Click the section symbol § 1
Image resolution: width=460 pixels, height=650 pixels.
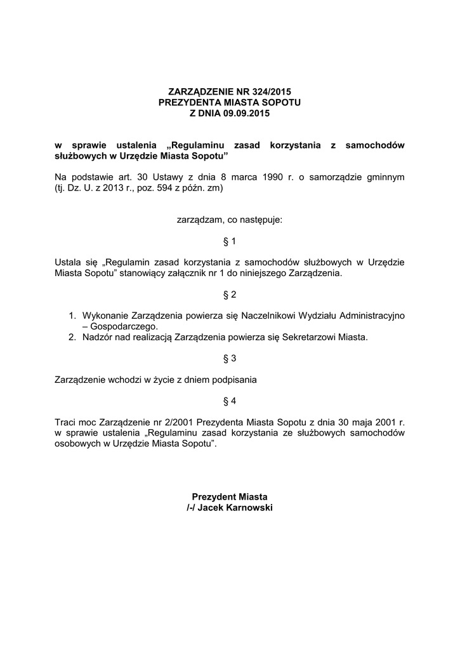[230, 241]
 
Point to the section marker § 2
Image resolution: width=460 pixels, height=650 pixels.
[230, 295]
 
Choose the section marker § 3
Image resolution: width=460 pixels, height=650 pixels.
[230, 359]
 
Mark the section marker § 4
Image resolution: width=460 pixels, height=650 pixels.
[230, 401]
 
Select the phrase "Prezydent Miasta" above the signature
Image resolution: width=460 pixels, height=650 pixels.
[230, 496]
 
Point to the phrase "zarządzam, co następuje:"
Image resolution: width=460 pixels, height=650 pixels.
[230, 220]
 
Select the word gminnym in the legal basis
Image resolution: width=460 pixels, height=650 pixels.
[385, 177]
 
